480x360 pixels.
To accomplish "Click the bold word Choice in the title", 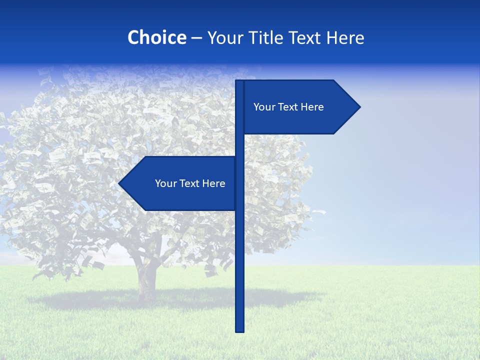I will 156,37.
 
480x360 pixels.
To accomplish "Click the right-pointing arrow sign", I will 300,107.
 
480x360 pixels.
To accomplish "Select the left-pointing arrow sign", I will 180,183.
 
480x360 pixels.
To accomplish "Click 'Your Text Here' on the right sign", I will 288,107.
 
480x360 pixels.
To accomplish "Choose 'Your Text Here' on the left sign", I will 190,183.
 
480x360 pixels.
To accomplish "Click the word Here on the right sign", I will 312,107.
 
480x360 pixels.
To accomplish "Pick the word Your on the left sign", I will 165,183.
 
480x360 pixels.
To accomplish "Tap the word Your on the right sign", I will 264,107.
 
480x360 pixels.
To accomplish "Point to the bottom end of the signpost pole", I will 239,329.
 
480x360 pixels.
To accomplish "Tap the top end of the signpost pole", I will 239,82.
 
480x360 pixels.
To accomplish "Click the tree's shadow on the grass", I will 100,300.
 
